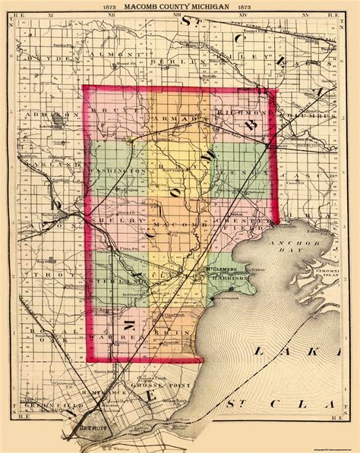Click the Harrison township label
229,278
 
